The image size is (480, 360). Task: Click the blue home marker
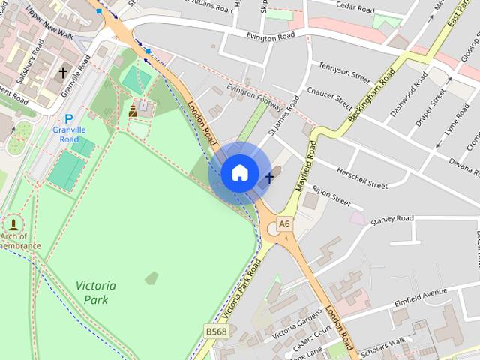tap(239, 173)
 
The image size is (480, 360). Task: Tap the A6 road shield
tap(284, 223)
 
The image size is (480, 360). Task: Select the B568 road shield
tap(216, 331)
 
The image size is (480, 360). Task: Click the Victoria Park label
tap(96, 292)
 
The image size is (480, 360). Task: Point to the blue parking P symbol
tap(69, 118)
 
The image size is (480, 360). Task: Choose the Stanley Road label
tap(392, 219)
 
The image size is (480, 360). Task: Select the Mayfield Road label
tap(307, 166)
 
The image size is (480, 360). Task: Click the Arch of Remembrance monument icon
tap(13, 224)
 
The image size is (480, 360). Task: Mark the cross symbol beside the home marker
tap(269, 178)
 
